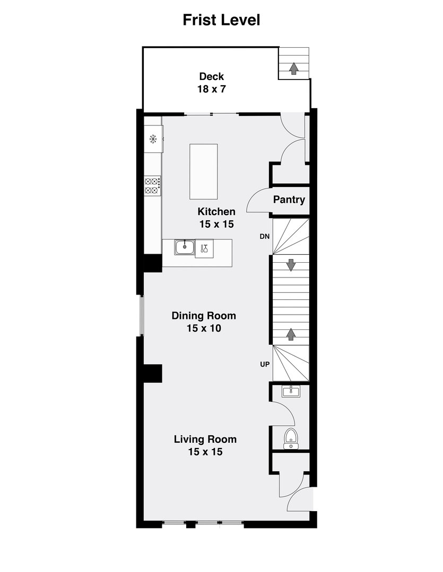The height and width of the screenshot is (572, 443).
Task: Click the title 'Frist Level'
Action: pos(221,20)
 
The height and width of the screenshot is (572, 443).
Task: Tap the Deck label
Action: pos(211,77)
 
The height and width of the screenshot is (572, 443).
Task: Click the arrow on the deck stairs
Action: pos(293,68)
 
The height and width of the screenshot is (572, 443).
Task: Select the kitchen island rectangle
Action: pos(203,171)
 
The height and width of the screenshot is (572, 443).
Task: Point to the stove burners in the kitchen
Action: pos(152,185)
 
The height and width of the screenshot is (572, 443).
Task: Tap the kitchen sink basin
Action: pos(185,246)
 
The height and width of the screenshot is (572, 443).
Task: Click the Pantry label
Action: pos(289,200)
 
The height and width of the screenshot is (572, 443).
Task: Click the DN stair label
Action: pos(265,237)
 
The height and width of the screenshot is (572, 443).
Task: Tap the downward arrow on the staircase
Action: pos(291,264)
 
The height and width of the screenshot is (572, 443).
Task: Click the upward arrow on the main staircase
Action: pos(291,334)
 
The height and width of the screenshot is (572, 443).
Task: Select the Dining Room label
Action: pos(204,316)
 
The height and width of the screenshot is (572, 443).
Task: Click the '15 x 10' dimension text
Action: pos(204,328)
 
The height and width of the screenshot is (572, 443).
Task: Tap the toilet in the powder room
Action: pos(290,438)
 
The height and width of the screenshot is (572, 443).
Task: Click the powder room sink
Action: pos(290,391)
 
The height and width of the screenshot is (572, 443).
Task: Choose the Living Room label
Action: pos(205,440)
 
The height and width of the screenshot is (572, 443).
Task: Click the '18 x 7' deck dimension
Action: pos(211,89)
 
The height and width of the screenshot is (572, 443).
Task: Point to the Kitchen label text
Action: pos(217,211)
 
